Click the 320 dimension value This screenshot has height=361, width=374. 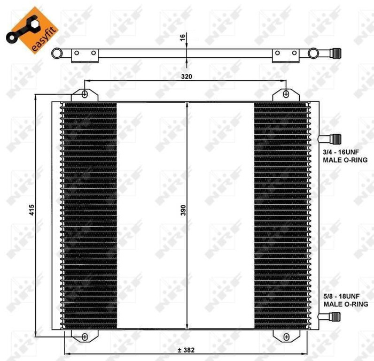pos(186,76)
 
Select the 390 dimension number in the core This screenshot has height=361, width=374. pos(183,212)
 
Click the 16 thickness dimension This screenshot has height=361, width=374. pos(182,37)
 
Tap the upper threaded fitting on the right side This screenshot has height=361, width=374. pos(333,139)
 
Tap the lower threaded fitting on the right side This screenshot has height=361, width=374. pos(333,316)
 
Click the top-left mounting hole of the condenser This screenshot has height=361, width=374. pos(85,94)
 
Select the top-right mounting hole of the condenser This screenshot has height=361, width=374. pos(286,94)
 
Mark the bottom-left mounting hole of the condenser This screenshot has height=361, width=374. pos(85,336)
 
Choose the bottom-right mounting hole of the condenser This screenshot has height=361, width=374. pos(286,336)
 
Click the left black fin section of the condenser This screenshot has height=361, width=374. pos(89,214)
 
